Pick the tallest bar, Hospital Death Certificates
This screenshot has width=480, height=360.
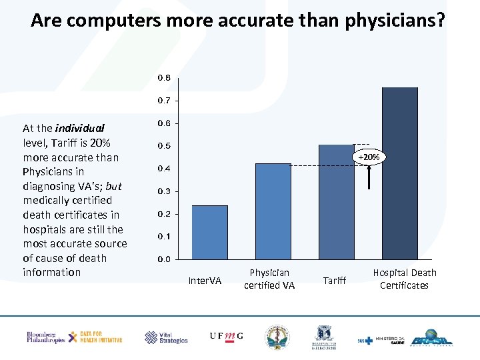pos(399,173)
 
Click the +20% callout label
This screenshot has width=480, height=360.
pos(369,157)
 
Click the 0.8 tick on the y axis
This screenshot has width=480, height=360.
pos(164,78)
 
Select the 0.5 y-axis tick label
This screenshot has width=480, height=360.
pos(164,146)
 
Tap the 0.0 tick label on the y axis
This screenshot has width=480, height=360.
pos(164,259)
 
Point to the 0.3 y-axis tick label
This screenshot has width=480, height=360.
pos(164,191)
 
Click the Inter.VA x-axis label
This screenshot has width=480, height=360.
pos(205,281)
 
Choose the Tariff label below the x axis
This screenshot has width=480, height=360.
pos(335,281)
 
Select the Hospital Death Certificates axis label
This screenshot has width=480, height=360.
pos(405,279)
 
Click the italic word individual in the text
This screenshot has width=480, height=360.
pos(80,128)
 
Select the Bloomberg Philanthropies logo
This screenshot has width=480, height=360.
pos(45,337)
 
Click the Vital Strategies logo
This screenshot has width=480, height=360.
pos(166,337)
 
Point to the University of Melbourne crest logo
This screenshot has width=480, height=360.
pos(325,337)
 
